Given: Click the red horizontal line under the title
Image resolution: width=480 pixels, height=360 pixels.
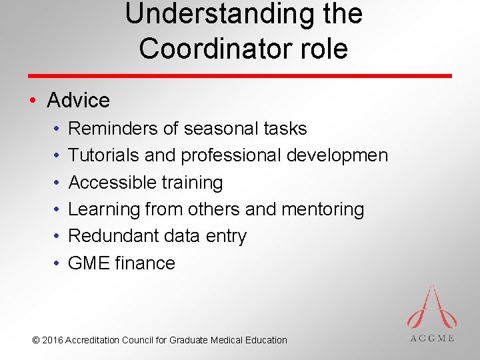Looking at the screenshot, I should point(240,76).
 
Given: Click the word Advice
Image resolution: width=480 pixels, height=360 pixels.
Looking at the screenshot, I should point(78,101).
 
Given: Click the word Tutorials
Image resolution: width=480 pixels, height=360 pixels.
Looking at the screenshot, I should point(104,155).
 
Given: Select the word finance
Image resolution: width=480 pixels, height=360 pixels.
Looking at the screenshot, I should point(145,263).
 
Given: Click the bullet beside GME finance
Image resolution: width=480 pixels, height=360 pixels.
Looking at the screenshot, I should point(56,263).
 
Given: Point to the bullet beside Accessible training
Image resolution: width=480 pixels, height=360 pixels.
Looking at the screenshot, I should point(56,183).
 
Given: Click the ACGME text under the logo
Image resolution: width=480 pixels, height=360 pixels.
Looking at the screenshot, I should point(431,338).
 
